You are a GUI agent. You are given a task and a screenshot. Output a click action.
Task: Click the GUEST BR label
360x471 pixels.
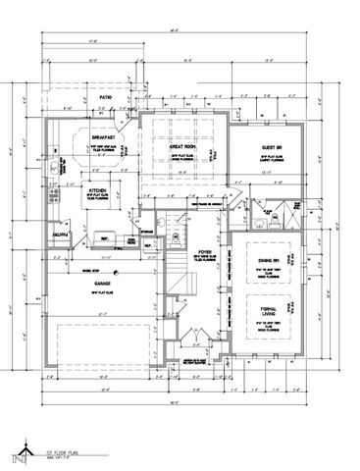click(x=272, y=146)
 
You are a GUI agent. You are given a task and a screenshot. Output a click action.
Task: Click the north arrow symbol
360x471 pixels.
click(x=16, y=454)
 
